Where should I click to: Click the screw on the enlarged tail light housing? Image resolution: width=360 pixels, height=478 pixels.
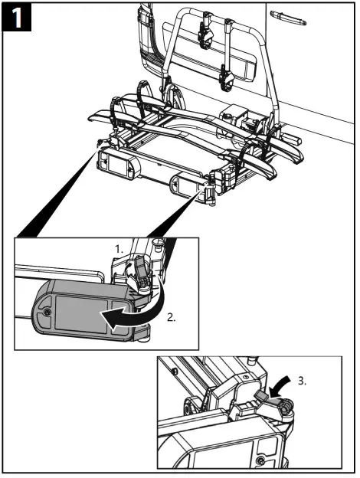pos(45,313)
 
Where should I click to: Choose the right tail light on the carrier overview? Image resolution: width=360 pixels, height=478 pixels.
pos(186,186)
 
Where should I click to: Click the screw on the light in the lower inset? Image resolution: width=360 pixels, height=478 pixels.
pos(262,460)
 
